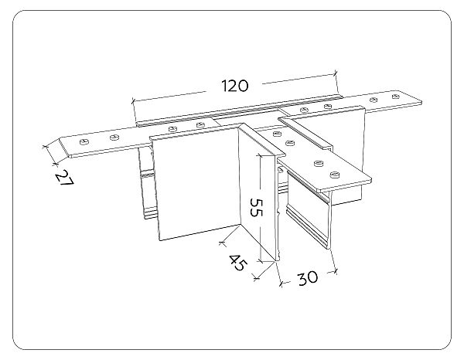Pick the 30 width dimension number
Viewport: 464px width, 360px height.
(x=308, y=277)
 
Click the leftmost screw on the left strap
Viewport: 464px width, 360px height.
(x=84, y=142)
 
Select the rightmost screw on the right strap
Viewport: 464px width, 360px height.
(x=395, y=97)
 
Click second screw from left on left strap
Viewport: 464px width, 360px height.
(x=114, y=137)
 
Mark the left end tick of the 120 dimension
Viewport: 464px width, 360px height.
(x=134, y=100)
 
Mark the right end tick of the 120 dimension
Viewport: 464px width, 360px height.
(x=337, y=73)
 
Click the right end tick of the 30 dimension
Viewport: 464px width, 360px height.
(x=336, y=270)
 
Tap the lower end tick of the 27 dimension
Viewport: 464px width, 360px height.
(x=54, y=163)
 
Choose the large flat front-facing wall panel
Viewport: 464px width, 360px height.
(x=197, y=185)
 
